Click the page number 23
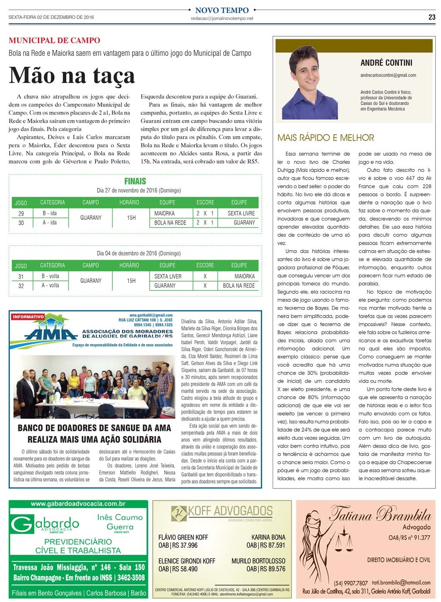click(431, 17)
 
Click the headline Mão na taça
click(72, 76)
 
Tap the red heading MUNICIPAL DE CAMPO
click(55, 40)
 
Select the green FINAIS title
click(135, 181)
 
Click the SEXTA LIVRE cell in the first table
click(241, 213)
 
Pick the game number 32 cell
click(21, 286)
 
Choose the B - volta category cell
click(50, 276)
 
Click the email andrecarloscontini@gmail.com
click(388, 75)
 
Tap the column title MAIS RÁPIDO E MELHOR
click(326, 138)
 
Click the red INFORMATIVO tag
click(28, 317)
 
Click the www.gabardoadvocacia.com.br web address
click(78, 504)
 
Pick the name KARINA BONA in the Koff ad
click(268, 537)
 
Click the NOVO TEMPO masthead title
click(222, 10)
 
